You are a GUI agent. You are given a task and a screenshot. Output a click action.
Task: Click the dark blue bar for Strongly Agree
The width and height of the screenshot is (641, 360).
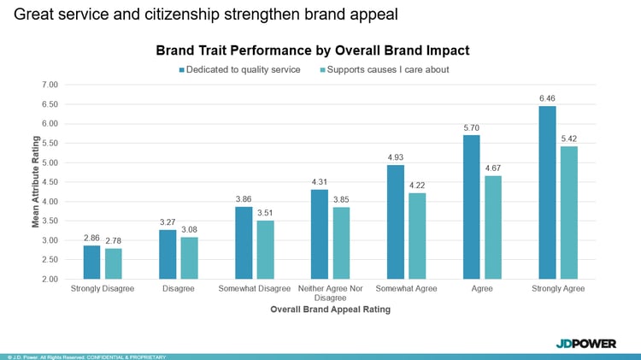[547, 192]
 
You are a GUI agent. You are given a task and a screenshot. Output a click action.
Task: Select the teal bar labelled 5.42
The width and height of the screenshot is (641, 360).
[568, 213]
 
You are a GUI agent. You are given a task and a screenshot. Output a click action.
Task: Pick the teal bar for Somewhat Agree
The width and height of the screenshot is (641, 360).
[417, 236]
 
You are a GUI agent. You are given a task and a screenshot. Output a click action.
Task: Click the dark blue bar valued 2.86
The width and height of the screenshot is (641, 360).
[91, 263]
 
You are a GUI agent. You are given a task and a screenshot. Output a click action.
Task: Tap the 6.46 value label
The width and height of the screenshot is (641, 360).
[547, 98]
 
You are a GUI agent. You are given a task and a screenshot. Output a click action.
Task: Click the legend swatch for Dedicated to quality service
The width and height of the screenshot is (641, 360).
[182, 69]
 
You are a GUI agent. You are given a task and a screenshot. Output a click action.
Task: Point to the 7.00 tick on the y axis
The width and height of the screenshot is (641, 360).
[49, 85]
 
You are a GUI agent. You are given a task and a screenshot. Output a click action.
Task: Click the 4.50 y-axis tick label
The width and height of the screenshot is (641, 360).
[49, 182]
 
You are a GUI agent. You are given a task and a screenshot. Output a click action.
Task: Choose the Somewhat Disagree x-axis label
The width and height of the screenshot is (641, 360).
[254, 288]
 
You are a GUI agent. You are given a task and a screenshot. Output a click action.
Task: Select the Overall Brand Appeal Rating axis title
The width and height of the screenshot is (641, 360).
[330, 310]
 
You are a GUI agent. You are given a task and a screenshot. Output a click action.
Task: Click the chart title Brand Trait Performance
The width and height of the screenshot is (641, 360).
[312, 50]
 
